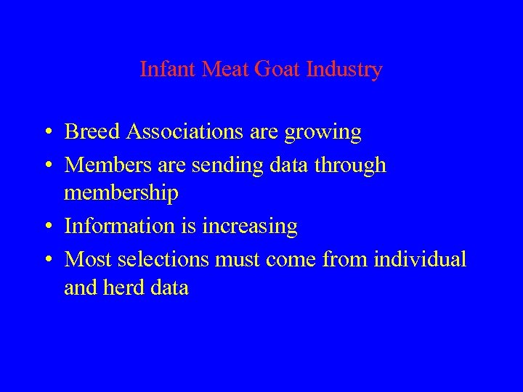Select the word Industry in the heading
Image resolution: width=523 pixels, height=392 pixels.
344,70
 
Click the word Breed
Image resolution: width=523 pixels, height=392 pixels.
92,132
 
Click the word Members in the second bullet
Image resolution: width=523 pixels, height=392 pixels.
108,166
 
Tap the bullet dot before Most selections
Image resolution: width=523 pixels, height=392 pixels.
46,259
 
